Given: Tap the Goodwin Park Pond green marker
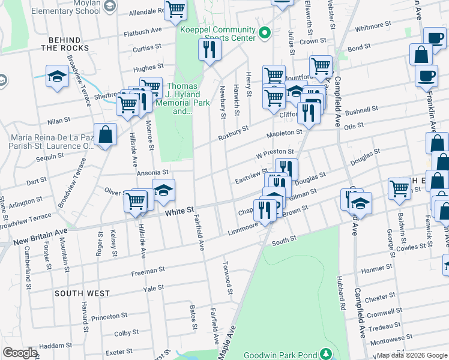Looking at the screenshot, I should pos(325,354).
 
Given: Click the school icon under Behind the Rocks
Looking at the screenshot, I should pos(57,77).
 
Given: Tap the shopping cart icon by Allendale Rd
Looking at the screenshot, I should pos(175,10).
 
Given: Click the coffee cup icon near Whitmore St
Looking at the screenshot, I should pos(434,38).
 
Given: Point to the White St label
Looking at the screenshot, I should pos(181,212).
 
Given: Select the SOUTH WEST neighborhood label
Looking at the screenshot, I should pos(82,293).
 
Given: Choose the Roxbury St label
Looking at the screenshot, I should pos(234,131).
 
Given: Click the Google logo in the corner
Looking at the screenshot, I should pos(20,353).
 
